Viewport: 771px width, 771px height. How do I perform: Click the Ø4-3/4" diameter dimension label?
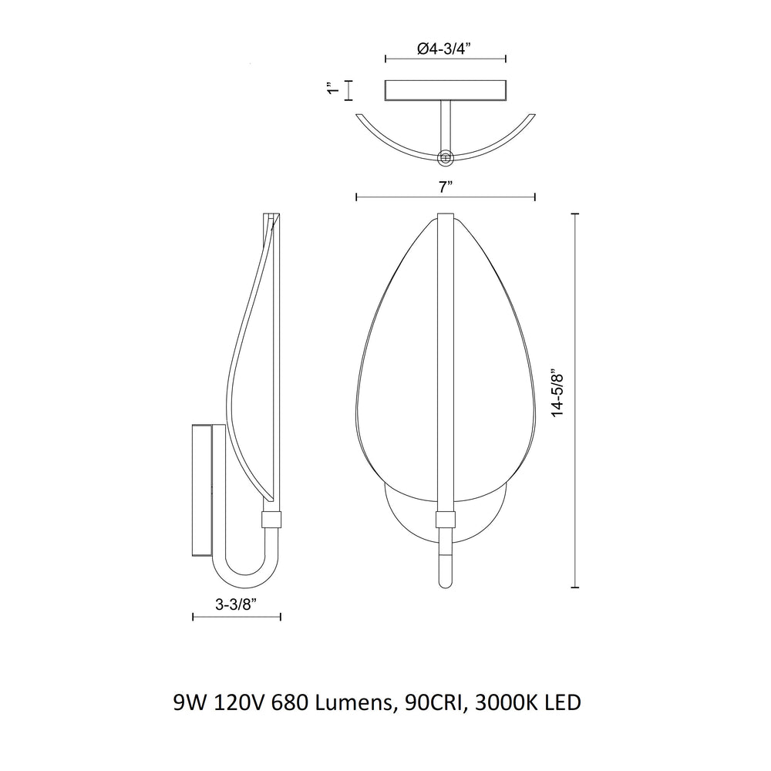click(x=444, y=48)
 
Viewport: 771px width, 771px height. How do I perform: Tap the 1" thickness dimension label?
click(x=333, y=90)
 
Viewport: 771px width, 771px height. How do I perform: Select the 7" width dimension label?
click(x=445, y=186)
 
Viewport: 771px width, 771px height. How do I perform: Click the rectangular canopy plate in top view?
click(x=445, y=90)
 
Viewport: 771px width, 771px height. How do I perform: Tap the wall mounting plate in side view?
click(x=202, y=490)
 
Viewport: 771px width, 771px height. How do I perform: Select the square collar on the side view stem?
click(x=273, y=520)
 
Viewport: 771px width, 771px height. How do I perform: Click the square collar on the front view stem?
click(x=445, y=520)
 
